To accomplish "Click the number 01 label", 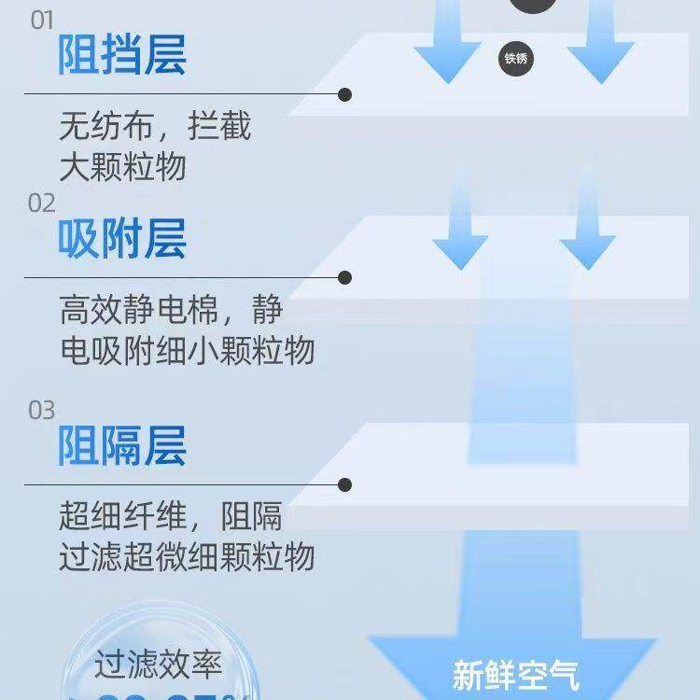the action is [x=42, y=21].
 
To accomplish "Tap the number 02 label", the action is [x=42, y=203].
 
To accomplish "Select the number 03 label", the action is [x=42, y=410].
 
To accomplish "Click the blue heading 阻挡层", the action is [x=122, y=55].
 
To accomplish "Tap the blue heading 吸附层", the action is [x=122, y=239].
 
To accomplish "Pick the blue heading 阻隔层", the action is [x=122, y=445].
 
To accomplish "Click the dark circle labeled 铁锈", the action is [x=516, y=59].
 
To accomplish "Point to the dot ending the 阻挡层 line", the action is [x=345, y=94].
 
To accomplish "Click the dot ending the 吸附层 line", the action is [x=345, y=277].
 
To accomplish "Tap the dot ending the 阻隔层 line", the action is [x=345, y=484].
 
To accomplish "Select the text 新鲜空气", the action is [x=516, y=674].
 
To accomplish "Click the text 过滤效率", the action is [x=158, y=665].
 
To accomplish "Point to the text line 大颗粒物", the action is [x=122, y=166].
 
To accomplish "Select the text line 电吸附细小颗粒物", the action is [x=187, y=350].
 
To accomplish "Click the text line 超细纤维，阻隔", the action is [x=171, y=516].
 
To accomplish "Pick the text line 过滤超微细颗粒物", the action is [x=187, y=557].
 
